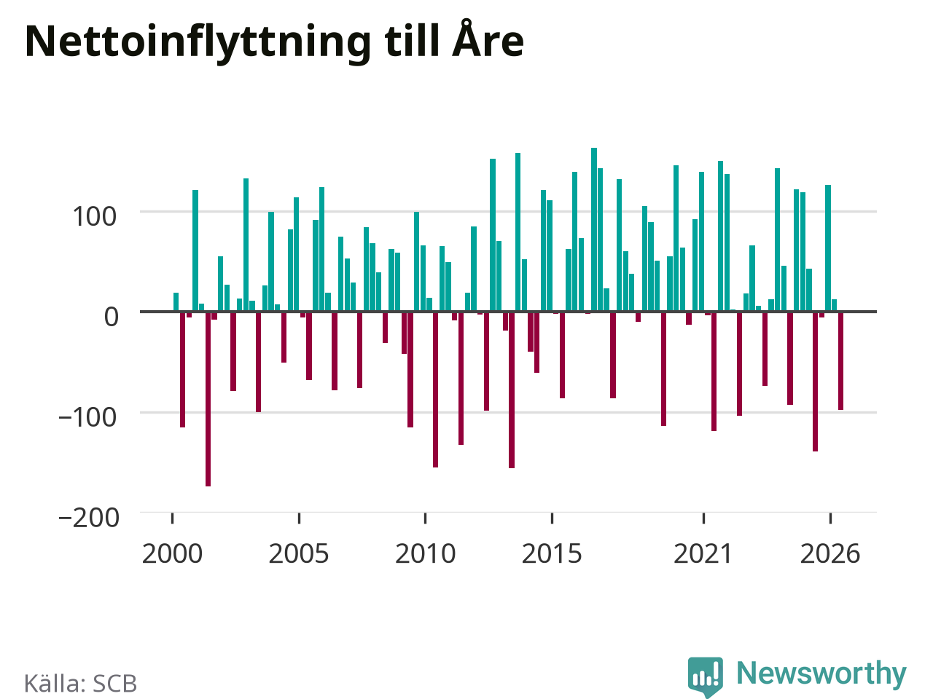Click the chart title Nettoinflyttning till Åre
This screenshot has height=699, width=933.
tap(274, 42)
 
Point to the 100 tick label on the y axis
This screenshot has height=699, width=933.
tap(94, 216)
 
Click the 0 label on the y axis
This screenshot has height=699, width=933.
tap(112, 317)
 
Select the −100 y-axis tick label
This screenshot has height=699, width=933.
tap(87, 417)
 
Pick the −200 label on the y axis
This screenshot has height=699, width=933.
tap(89, 518)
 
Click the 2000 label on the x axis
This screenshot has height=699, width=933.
tap(172, 553)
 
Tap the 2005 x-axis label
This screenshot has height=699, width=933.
tap(299, 553)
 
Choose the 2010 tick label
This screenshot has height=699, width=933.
tap(426, 553)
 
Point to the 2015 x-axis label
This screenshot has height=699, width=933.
tap(552, 553)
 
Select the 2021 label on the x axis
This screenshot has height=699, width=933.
tap(703, 553)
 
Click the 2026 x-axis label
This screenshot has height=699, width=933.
tap(830, 553)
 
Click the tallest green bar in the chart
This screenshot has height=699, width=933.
tap(594, 229)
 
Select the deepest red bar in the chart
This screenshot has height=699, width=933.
tap(208, 399)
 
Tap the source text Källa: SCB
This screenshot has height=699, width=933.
tap(80, 683)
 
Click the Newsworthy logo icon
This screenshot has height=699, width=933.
tap(706, 676)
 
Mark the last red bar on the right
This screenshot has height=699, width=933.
tap(840, 360)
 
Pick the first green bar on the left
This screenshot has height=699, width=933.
tap(176, 301)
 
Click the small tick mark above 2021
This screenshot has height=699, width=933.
tap(703, 518)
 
